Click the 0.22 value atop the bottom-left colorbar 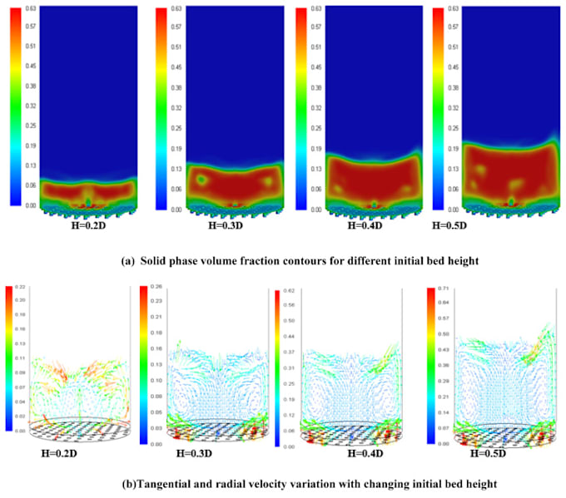coord(22,288)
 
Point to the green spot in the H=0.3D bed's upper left coord(201,179)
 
